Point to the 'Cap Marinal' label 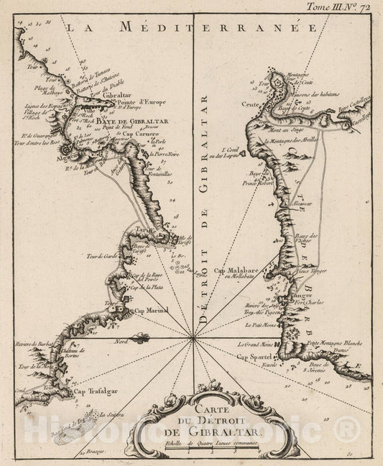click(x=152, y=311)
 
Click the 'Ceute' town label click(x=248, y=104)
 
